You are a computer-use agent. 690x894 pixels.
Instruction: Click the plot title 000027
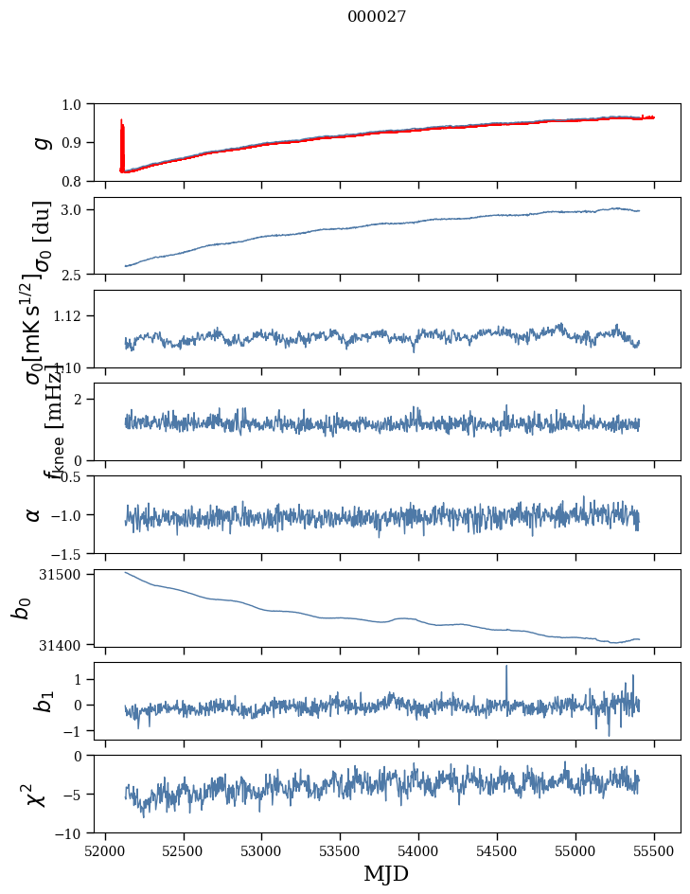[377, 16]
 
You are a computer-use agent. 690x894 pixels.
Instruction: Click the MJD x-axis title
[386, 874]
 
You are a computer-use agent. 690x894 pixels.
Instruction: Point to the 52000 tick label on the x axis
[105, 850]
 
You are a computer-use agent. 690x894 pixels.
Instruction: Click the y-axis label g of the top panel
[41, 142]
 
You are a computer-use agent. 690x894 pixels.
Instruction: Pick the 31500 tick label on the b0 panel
[65, 574]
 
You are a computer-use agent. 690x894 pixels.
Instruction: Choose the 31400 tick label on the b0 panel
[65, 644]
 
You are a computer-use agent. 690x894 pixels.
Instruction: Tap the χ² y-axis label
[37, 795]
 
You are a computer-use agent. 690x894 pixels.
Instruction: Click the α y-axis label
[34, 514]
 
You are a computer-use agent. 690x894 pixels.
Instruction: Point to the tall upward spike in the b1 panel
[506, 668]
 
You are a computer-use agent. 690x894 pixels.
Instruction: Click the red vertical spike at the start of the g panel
[122, 142]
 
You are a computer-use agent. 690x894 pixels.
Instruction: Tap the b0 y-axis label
[20, 608]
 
